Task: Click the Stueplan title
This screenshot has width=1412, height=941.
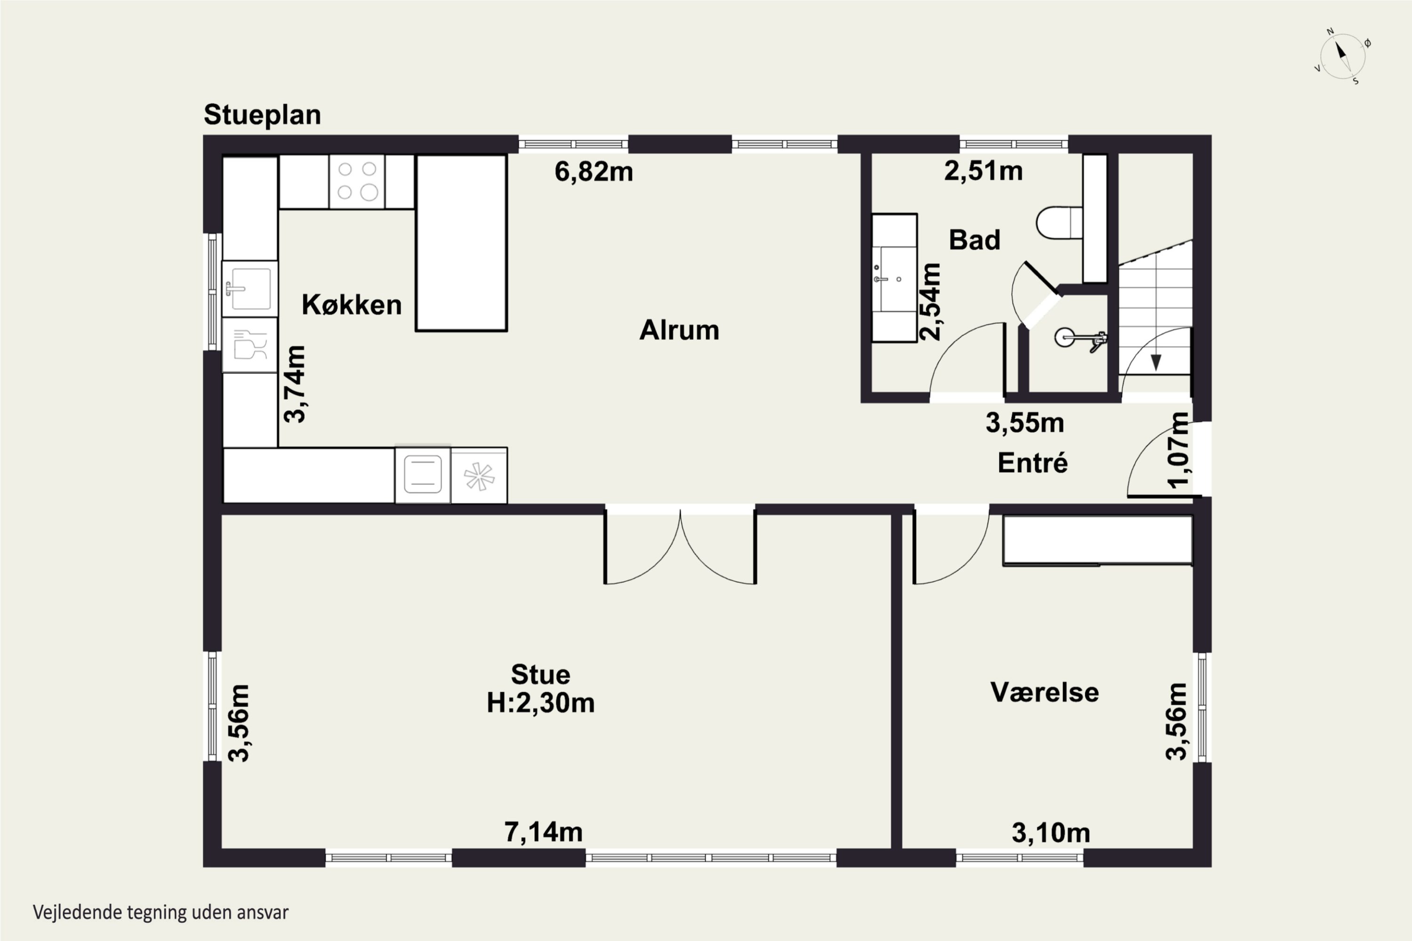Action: [x=262, y=115]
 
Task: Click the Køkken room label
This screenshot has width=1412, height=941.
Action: [x=351, y=304]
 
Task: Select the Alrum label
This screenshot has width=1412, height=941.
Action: [x=679, y=330]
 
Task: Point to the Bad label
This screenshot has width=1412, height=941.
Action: [x=974, y=240]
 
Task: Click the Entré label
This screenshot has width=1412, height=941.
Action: [x=1033, y=463]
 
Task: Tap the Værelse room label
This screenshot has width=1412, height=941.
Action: [x=1044, y=693]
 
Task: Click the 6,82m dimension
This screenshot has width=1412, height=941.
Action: [x=593, y=172]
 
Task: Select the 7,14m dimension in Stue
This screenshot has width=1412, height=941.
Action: [x=543, y=832]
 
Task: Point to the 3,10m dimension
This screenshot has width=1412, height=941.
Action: [x=1051, y=833]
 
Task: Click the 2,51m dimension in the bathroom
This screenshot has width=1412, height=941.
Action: [x=983, y=171]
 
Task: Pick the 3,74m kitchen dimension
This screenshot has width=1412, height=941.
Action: [x=295, y=384]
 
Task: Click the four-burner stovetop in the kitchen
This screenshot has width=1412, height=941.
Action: [x=357, y=181]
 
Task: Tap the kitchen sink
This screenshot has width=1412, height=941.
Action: [x=250, y=289]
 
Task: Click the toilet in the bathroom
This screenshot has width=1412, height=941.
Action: [x=1059, y=223]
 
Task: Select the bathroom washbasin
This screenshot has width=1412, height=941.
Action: [x=895, y=278]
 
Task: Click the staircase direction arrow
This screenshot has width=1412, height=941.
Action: [x=1155, y=362]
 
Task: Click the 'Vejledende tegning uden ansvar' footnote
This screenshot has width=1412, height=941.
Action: [x=161, y=912]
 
